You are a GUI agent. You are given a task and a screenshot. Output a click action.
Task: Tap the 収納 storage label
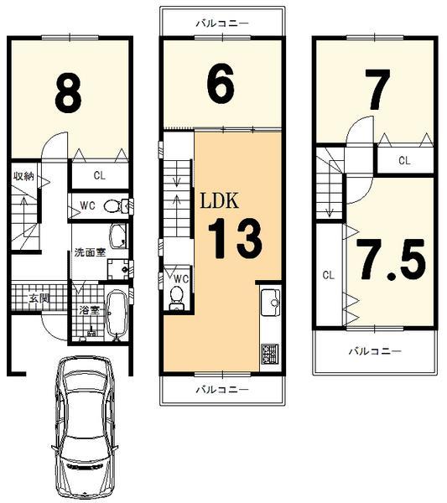point(23,176)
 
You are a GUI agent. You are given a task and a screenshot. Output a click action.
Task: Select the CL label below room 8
point(99,176)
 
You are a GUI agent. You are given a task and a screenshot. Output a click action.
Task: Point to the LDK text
point(220,200)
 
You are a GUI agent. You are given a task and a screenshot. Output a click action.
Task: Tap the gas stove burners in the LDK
point(271,354)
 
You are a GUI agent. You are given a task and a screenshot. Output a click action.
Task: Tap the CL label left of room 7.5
point(328,274)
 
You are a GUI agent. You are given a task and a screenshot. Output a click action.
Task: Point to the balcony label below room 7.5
point(375,351)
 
